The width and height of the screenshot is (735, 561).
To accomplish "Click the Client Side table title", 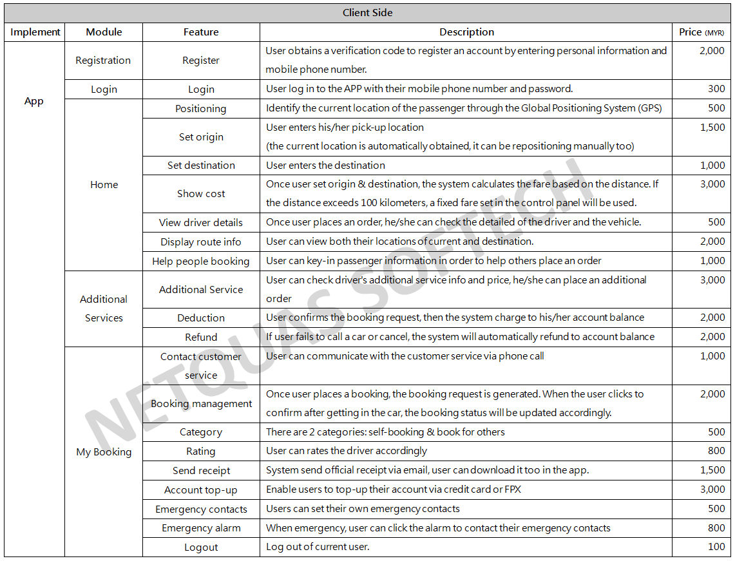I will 367,13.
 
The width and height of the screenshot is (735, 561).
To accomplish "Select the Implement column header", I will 35,32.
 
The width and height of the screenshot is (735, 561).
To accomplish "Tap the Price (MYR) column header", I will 701,32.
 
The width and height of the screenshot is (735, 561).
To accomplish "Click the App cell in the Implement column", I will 34,101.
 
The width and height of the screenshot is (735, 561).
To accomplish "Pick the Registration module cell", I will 103,61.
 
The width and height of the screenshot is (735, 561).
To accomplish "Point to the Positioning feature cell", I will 201,109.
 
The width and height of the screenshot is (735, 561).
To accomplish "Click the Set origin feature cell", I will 201,137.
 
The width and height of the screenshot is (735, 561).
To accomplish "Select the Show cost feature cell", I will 201,194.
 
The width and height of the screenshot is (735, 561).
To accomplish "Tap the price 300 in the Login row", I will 716,89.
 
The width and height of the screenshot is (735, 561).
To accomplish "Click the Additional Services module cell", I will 104,309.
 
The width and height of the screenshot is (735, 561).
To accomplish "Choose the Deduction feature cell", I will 201,318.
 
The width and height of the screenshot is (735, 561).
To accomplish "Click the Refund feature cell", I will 201,338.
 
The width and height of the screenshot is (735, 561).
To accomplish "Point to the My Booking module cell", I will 104,452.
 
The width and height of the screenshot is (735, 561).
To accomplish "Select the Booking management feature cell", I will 201,404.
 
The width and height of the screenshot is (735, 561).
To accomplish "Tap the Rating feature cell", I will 201,452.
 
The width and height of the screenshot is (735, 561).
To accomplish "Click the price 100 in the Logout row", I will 716,547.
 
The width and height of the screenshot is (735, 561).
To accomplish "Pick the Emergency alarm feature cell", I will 201,528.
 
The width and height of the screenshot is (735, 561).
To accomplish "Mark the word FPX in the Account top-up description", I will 512,490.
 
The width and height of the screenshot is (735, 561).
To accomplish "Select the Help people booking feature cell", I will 201,261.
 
